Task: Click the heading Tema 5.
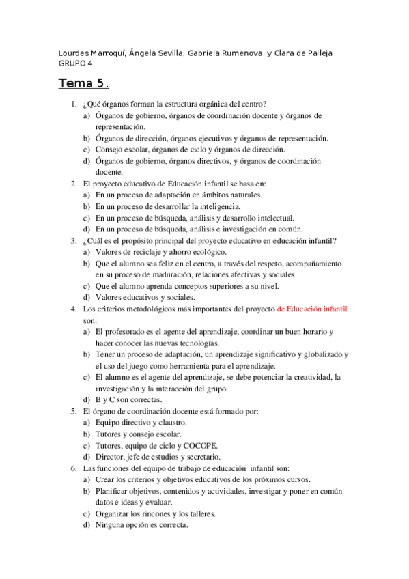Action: [x=83, y=85]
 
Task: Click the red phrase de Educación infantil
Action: [x=314, y=308]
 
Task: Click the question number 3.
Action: [x=72, y=240]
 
